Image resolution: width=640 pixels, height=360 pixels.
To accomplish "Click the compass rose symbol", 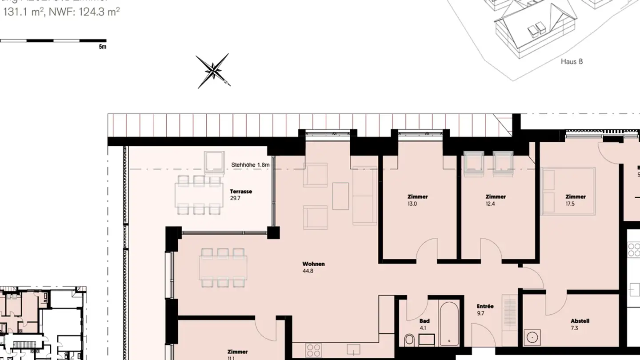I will [x=213, y=71].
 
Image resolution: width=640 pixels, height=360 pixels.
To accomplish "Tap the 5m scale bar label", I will [x=103, y=47].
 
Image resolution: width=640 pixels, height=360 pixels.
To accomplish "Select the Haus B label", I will [x=572, y=62].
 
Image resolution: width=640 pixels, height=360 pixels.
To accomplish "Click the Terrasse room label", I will [x=241, y=192].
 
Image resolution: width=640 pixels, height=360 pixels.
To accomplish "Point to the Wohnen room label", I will [x=313, y=264].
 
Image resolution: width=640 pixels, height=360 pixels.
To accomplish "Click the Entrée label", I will [x=485, y=306].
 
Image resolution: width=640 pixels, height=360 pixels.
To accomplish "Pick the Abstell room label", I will [x=580, y=320].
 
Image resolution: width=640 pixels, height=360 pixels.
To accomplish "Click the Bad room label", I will [x=424, y=320].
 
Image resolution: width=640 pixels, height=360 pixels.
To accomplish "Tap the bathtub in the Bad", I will [x=449, y=324].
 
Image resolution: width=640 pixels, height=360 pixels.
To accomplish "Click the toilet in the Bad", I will [x=409, y=340].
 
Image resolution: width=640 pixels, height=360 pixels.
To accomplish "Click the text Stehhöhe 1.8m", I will [x=250, y=165].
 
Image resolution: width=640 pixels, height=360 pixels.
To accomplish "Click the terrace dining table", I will [x=199, y=195].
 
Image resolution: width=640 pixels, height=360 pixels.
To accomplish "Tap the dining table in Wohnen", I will [x=223, y=268].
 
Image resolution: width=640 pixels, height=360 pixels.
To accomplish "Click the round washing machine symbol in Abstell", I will [x=532, y=336].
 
